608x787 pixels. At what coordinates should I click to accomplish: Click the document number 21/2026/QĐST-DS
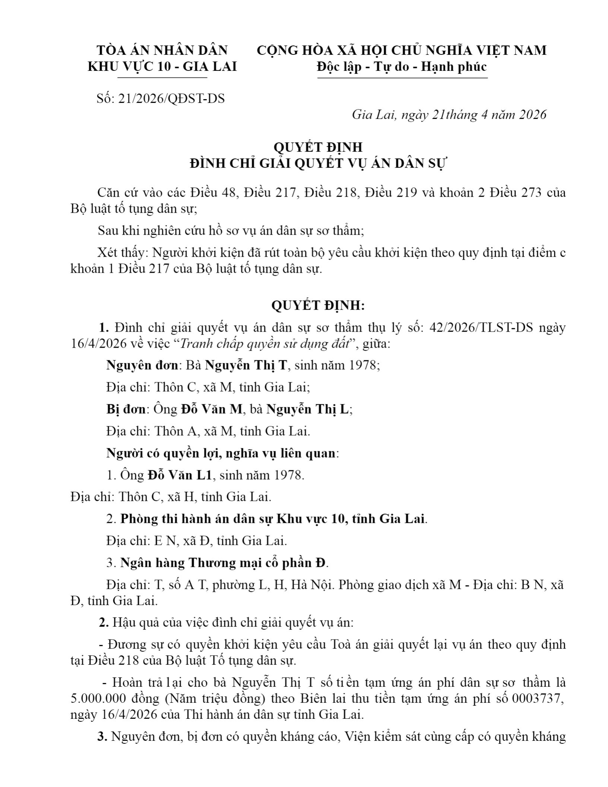(x=171, y=98)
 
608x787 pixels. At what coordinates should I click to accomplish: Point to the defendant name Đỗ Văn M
(x=212, y=409)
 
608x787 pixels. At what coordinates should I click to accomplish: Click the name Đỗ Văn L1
(x=180, y=475)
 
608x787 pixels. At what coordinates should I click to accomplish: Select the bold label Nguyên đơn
(x=142, y=365)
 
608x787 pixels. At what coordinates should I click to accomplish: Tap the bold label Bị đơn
(x=126, y=409)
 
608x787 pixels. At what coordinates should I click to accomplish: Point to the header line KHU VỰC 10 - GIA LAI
(x=162, y=66)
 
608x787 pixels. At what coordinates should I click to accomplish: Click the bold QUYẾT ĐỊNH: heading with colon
(x=318, y=306)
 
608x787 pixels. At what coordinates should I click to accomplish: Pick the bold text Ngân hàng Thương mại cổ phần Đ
(x=224, y=563)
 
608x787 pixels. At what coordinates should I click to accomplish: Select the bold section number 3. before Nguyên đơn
(x=102, y=736)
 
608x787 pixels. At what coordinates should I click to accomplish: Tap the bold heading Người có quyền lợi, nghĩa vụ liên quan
(x=222, y=453)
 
